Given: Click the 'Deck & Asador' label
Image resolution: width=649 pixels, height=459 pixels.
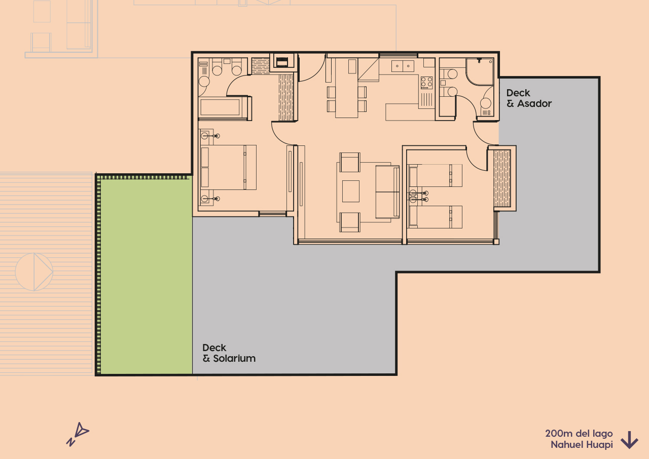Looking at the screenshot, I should click(x=529, y=98).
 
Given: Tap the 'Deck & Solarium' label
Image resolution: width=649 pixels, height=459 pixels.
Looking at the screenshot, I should click(x=229, y=353).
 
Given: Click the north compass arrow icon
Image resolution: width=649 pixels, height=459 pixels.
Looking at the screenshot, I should click(x=78, y=434).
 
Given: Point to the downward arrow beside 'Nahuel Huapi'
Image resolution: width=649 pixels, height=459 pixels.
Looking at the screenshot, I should click(x=629, y=440).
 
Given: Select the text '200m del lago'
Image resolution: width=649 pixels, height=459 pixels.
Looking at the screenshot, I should click(x=579, y=434).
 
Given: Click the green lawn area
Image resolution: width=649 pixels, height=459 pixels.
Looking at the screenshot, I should click(x=146, y=276).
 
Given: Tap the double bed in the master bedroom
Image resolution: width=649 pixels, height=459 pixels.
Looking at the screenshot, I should click(x=228, y=167).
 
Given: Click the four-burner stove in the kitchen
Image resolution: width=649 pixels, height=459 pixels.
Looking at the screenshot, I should click(x=426, y=82).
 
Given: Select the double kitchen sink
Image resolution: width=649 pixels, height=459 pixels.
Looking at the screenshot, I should click(x=403, y=66).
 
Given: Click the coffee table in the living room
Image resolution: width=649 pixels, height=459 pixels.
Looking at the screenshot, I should click(x=351, y=191).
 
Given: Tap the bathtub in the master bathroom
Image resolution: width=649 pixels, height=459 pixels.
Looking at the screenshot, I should click(x=221, y=107).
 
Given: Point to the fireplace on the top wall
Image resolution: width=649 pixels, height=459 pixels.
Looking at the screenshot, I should click(x=281, y=61).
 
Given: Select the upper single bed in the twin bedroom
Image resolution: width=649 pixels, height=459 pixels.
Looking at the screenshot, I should click(x=436, y=175).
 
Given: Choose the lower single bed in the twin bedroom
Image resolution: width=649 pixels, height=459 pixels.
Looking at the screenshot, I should click(x=436, y=216).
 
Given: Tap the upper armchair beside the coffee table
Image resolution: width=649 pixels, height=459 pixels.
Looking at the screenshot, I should click(x=350, y=162).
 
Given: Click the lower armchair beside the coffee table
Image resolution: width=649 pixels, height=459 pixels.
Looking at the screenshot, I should click(x=350, y=222).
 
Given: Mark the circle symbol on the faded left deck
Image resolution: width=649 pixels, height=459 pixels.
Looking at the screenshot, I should click(x=34, y=272).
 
